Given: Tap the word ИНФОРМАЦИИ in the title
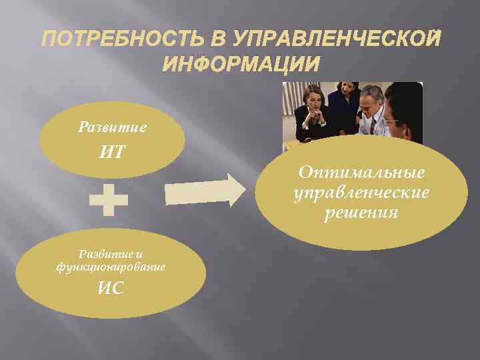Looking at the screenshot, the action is tap(240, 65).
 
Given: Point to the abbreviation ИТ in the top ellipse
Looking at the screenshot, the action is tap(111, 153).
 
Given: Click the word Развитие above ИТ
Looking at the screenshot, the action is tap(111, 126).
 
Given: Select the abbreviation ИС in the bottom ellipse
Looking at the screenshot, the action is tap(111, 289).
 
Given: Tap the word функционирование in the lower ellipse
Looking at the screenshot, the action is tap(111, 266).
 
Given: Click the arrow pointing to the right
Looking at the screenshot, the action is tap(205, 191).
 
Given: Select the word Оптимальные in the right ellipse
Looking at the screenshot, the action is tap(361, 173).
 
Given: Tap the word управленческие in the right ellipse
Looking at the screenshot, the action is tap(361, 193).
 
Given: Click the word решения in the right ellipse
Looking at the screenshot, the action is tap(361, 213).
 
